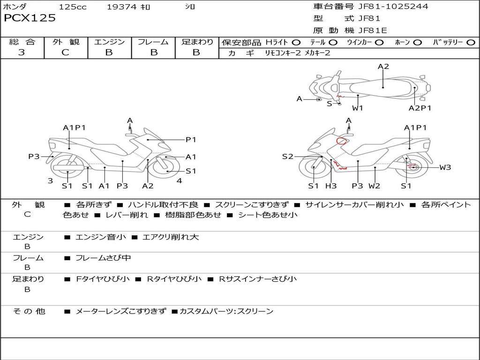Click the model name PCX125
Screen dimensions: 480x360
(30, 18)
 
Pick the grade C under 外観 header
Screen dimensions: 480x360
(65, 52)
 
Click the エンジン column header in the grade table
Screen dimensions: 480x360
(109, 42)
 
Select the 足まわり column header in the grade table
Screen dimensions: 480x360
(197, 42)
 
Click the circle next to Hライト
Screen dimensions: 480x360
(296, 42)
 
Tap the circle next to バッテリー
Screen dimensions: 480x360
(471, 42)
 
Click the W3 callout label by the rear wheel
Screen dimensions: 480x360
(445, 167)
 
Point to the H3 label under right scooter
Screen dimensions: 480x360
(331, 186)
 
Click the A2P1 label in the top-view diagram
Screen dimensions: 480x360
(420, 108)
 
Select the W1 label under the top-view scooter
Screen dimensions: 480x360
(358, 108)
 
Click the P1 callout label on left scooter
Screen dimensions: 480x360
(191, 139)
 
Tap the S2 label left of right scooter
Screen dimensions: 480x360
(287, 157)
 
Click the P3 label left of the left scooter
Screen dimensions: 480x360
(34, 157)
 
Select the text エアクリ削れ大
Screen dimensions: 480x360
(170, 237)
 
